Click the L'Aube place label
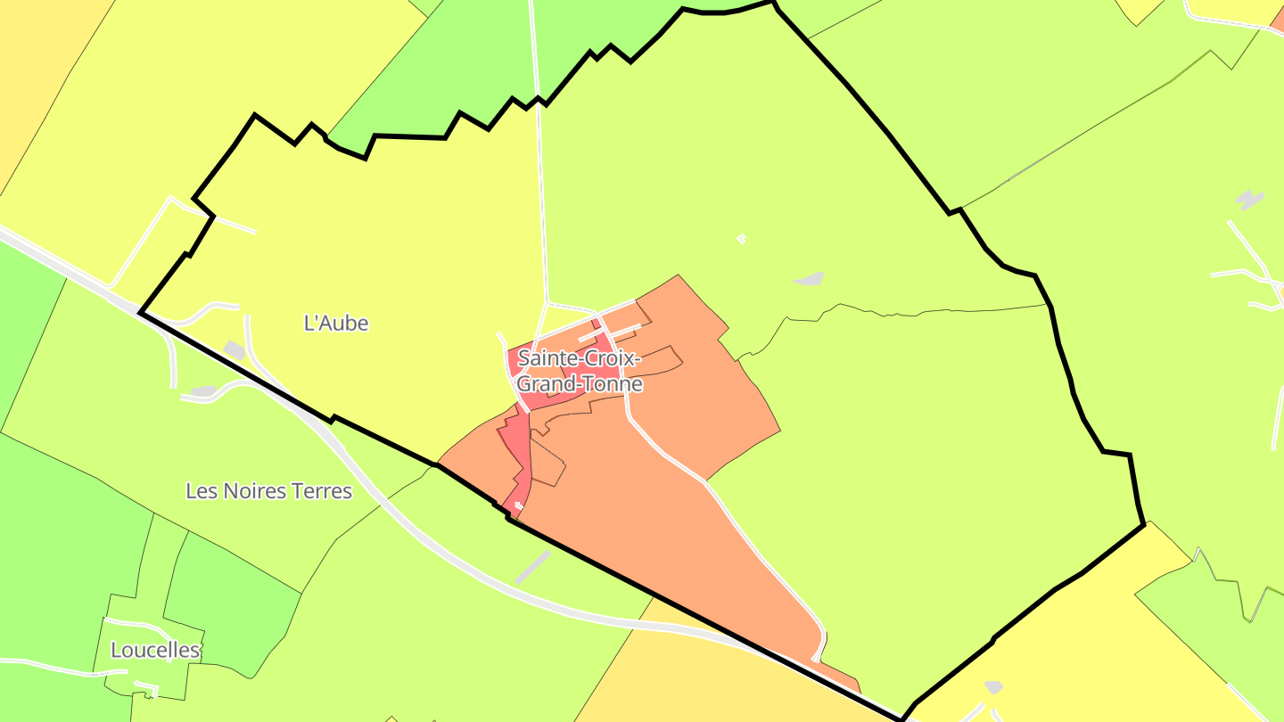[336, 324]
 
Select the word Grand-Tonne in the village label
[580, 384]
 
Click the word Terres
[323, 491]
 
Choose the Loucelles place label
[155, 651]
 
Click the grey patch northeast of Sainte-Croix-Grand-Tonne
[808, 280]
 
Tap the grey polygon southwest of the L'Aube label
[234, 350]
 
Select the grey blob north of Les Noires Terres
[203, 391]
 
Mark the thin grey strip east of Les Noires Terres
[532, 568]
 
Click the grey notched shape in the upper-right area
[1250, 200]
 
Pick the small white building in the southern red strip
[518, 505]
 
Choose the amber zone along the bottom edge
[678, 677]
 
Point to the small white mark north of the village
[741, 238]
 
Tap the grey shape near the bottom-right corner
[993, 687]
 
